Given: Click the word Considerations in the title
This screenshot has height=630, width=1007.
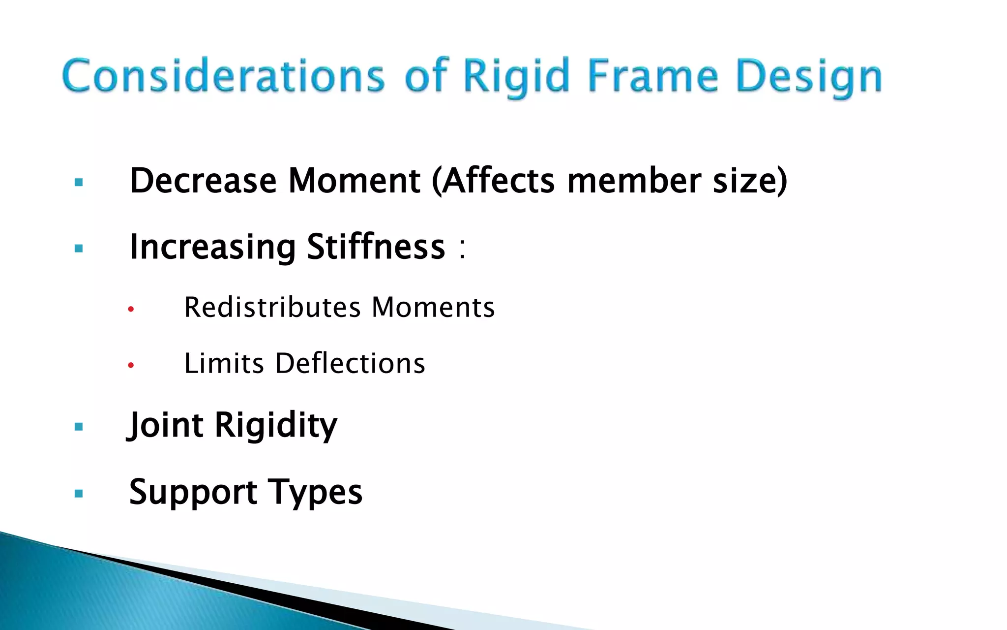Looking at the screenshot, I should coord(224,76).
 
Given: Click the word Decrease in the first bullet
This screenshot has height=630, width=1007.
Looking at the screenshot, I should coord(203,181).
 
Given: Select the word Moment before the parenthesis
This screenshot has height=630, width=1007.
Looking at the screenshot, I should coord(354,181).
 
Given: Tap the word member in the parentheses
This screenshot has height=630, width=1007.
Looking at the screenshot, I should coord(634,181).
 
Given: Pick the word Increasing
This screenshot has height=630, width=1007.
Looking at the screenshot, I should coord(212,247).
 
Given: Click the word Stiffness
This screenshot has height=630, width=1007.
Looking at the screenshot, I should coord(376,247).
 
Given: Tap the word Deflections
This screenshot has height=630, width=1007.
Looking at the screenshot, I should coord(350,364).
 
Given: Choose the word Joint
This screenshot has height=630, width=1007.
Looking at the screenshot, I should coord(165,425).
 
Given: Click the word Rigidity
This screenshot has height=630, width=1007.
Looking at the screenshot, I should coord(276,425).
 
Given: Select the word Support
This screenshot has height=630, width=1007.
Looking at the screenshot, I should coord(193,492).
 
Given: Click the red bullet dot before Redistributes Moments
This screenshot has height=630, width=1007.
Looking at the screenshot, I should coord(131,310).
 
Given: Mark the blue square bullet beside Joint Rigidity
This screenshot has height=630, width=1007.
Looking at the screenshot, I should coord(79,427).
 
